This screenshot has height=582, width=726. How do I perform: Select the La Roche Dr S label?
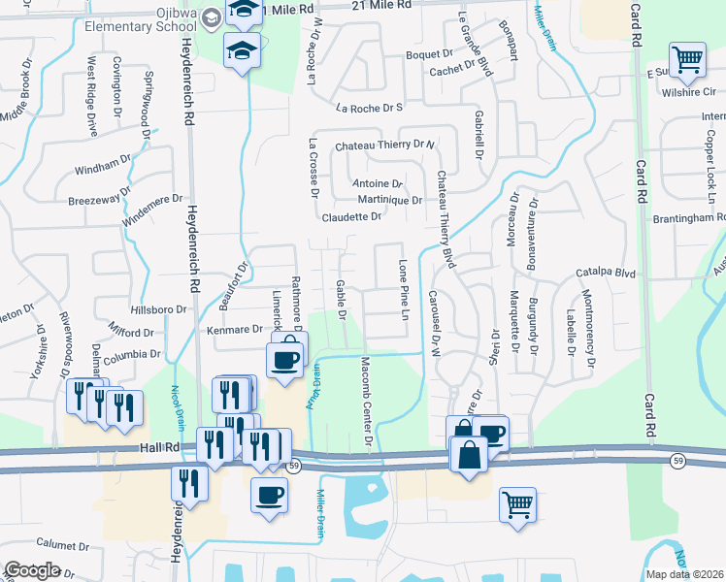pos(369,109)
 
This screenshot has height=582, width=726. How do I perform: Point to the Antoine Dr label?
pos(377,183)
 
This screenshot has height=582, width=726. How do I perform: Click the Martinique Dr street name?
pos(389,201)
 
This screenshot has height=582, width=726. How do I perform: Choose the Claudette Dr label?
pos(351,217)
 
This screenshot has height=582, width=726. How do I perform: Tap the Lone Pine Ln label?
pos(403,289)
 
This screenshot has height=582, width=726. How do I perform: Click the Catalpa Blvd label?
pos(605,274)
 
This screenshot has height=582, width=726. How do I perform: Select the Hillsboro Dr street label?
pos(159,309)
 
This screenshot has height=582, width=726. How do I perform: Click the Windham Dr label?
pos(102,164)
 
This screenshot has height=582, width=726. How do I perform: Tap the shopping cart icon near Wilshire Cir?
pos(686,60)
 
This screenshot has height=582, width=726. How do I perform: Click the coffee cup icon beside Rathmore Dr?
pos(284,359)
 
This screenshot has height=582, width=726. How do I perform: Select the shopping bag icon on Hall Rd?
pos(469,454)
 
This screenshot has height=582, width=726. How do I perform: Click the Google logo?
pos(33,569)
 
